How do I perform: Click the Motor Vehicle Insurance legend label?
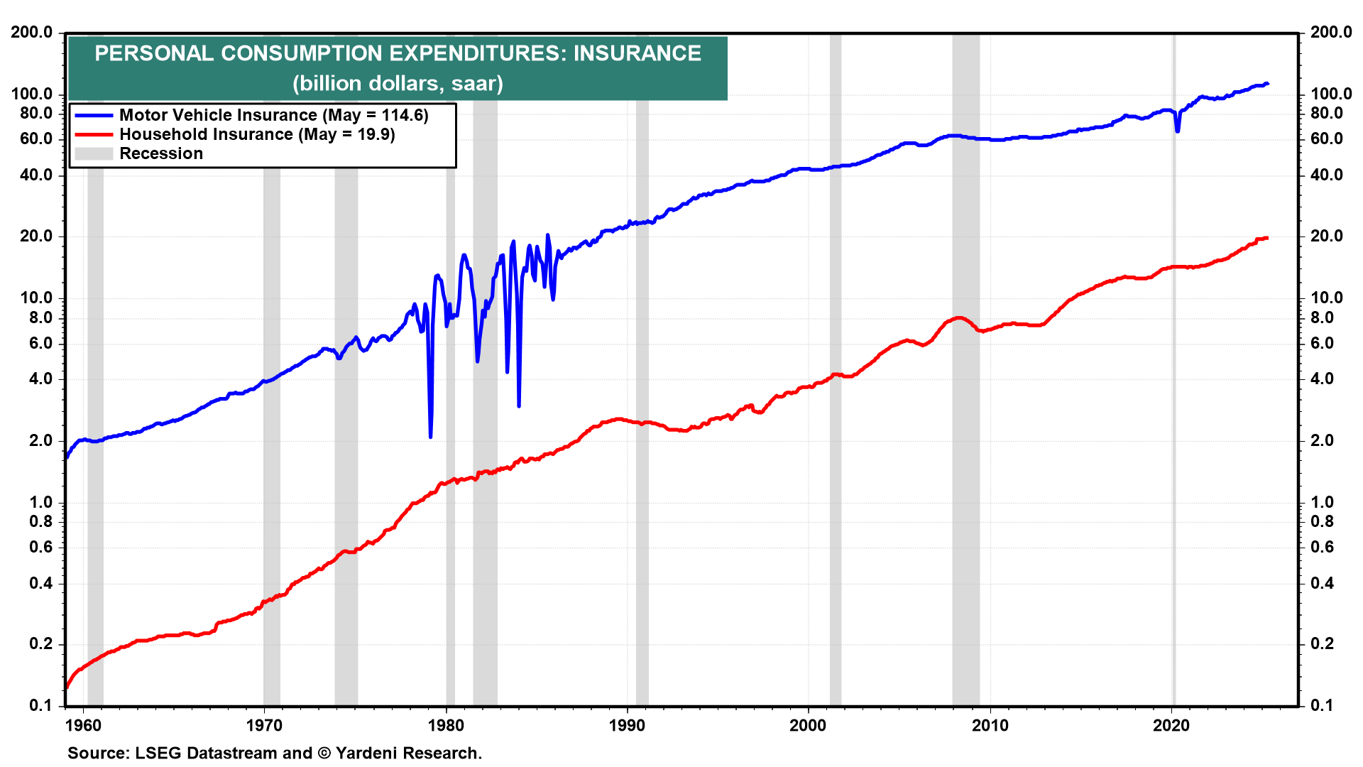pyautogui.click(x=273, y=115)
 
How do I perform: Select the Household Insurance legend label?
pyautogui.click(x=257, y=134)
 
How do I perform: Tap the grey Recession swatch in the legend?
pyautogui.click(x=94, y=153)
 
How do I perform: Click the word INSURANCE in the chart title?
pyautogui.click(x=637, y=53)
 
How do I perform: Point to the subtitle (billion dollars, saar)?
pyautogui.click(x=398, y=83)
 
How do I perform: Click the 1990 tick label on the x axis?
pyautogui.click(x=628, y=725)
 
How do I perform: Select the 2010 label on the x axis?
pyautogui.click(x=990, y=725)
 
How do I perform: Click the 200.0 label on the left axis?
pyautogui.click(x=32, y=32)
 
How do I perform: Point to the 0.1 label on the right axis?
pyautogui.click(x=1322, y=705)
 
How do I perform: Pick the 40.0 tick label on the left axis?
pyautogui.click(x=36, y=175)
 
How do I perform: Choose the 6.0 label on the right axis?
pyautogui.click(x=1322, y=343)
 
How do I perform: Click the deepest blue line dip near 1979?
pyautogui.click(x=431, y=436)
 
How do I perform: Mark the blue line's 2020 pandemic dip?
pyautogui.click(x=1177, y=131)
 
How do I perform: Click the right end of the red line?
pyautogui.click(x=1267, y=238)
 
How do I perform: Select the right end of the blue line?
pyautogui.click(x=1268, y=84)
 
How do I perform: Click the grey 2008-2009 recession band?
pyautogui.click(x=965, y=426)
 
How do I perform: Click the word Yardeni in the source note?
pyautogui.click(x=361, y=753)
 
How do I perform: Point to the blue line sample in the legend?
pyautogui.click(x=94, y=115)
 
